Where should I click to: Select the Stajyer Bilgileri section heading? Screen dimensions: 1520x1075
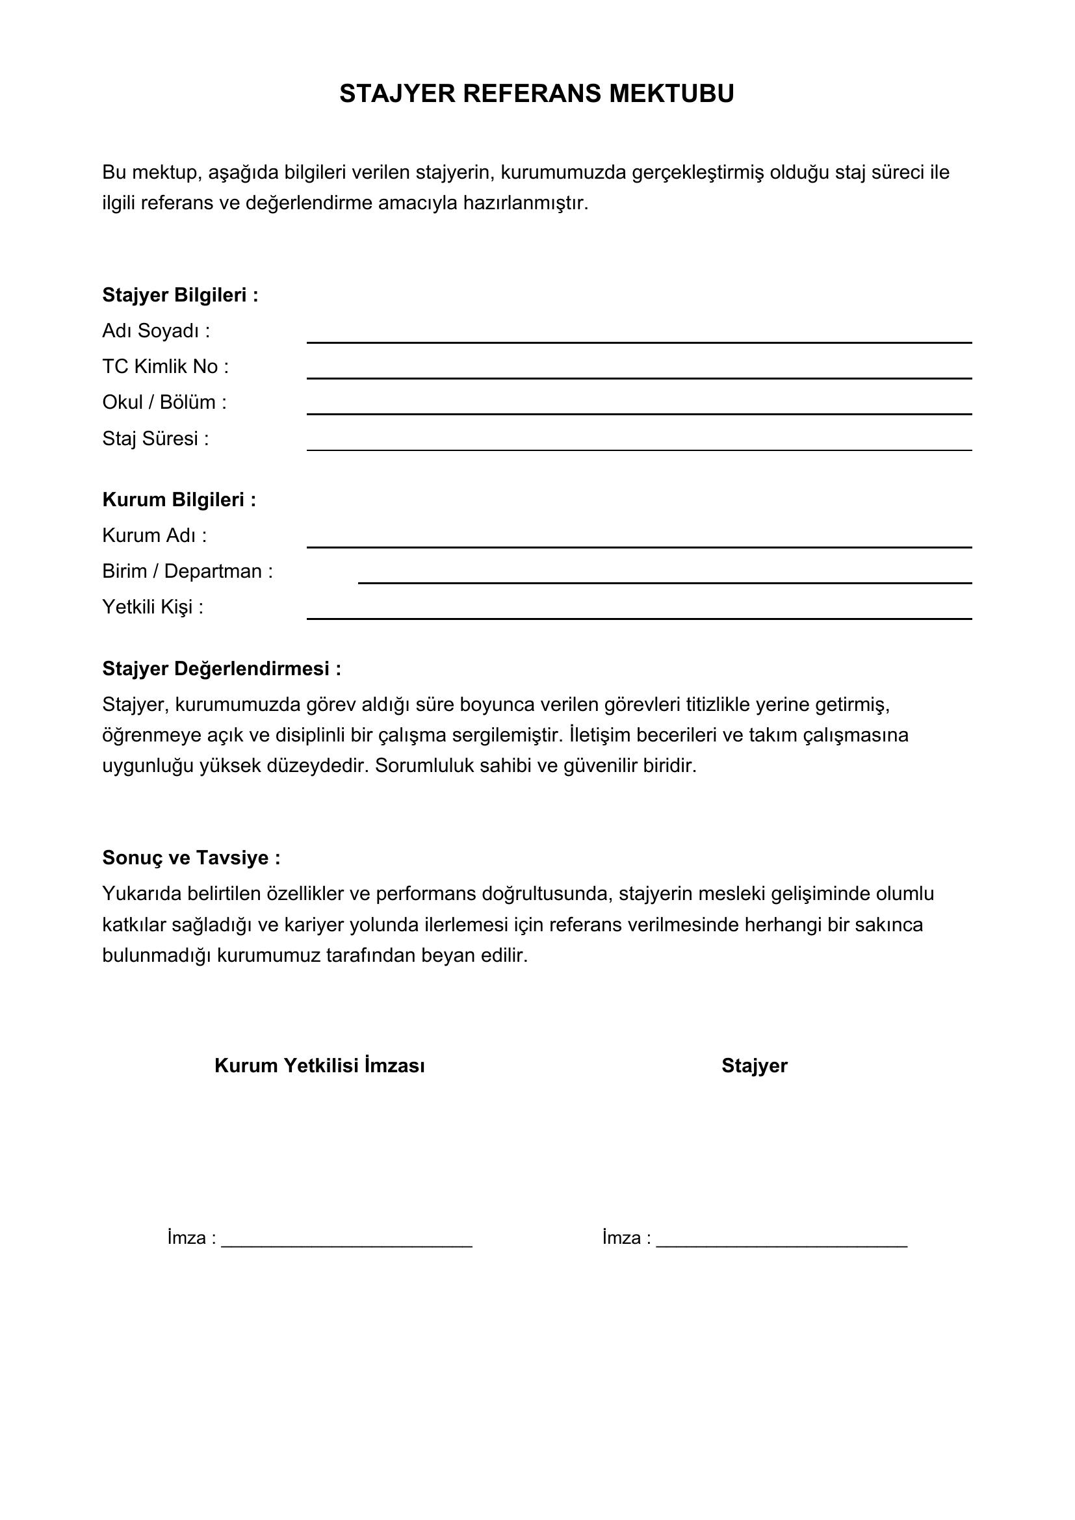(180, 295)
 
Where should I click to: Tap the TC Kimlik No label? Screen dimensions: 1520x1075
(166, 367)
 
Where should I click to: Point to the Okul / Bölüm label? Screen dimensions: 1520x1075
(164, 402)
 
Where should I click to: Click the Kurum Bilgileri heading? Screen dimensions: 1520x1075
(179, 500)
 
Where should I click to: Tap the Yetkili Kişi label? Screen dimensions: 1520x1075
(153, 607)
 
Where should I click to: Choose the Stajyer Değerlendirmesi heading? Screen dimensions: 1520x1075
(222, 669)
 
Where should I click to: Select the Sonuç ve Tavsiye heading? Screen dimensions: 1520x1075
(191, 858)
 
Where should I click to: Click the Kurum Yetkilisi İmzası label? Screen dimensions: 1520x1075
(320, 1066)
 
